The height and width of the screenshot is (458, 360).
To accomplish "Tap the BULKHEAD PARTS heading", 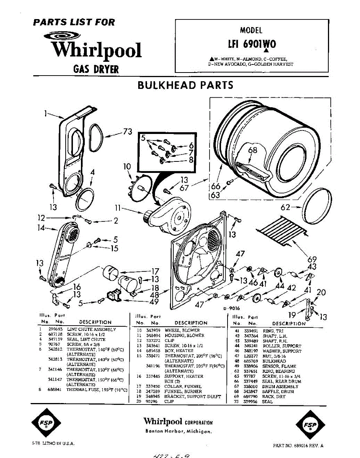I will point(185,85).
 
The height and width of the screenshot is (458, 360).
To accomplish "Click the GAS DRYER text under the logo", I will point(96,69).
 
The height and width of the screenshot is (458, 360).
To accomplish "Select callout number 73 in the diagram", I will point(128,132).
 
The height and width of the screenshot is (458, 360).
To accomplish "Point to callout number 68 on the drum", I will point(253,150).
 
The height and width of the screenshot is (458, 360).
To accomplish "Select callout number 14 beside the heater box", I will point(41,228).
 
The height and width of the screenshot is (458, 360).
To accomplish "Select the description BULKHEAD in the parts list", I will point(274,361).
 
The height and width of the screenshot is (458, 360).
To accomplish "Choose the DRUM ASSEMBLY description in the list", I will point(281,386).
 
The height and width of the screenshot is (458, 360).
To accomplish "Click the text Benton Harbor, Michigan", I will point(178,431).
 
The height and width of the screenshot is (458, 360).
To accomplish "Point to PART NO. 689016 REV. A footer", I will point(299,445).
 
